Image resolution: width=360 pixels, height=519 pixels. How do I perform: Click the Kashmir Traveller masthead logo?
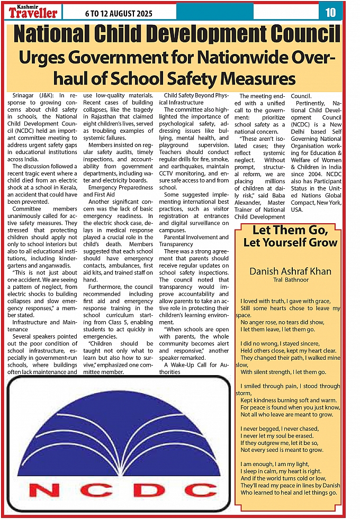point(32,10)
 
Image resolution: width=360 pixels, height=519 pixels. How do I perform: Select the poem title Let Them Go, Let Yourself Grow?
point(287,236)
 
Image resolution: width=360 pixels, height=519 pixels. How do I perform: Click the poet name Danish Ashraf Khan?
point(291,271)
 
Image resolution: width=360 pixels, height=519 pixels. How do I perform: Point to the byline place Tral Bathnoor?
point(291,279)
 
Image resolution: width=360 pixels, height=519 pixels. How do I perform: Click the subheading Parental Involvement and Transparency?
point(194,241)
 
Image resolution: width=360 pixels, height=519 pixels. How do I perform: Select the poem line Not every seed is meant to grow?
point(282,450)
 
